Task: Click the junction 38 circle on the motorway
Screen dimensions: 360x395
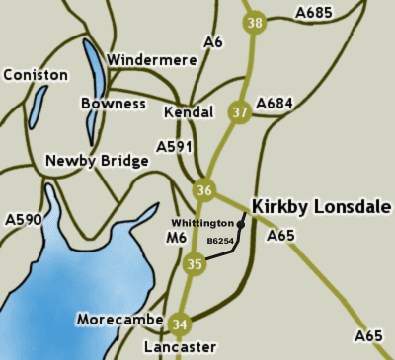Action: [256, 22]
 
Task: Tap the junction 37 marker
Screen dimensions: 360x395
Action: [238, 111]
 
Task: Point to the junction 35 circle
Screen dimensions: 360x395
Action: [195, 263]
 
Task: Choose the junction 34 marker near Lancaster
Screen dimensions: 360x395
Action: [179, 324]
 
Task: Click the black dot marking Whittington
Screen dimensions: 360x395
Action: [241, 225]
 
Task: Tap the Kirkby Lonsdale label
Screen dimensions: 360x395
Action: [322, 206]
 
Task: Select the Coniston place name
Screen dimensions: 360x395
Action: [36, 75]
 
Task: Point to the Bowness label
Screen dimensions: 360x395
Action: [113, 104]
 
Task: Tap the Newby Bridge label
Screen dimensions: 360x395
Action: [97, 160]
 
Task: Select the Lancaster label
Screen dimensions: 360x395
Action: [179, 347]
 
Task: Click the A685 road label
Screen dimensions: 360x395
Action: [315, 13]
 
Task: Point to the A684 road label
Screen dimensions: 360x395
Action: [276, 103]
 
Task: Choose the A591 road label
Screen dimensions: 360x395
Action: [175, 146]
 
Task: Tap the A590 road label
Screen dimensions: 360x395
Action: [23, 219]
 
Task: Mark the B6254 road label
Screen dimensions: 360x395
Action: [221, 241]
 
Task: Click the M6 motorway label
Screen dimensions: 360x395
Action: [176, 238]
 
